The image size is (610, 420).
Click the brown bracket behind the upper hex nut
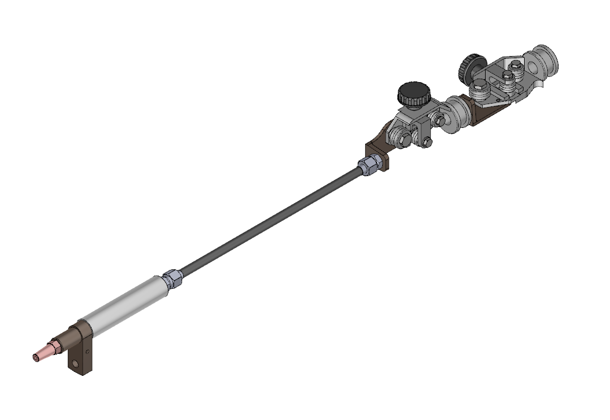[378, 153]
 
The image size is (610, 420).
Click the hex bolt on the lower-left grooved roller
[396, 138]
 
